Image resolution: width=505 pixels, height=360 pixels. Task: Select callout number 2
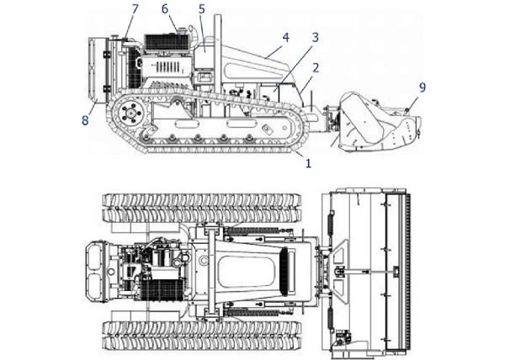tap(316, 66)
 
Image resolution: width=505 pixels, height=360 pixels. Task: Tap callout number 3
tap(315, 38)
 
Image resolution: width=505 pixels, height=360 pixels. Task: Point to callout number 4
tap(285, 37)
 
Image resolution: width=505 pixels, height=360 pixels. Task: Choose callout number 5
tap(202, 8)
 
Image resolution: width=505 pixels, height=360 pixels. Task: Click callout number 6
tap(165, 8)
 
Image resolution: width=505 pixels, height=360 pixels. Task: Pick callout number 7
tap(135, 8)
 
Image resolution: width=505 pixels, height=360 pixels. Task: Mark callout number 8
tap(84, 119)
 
